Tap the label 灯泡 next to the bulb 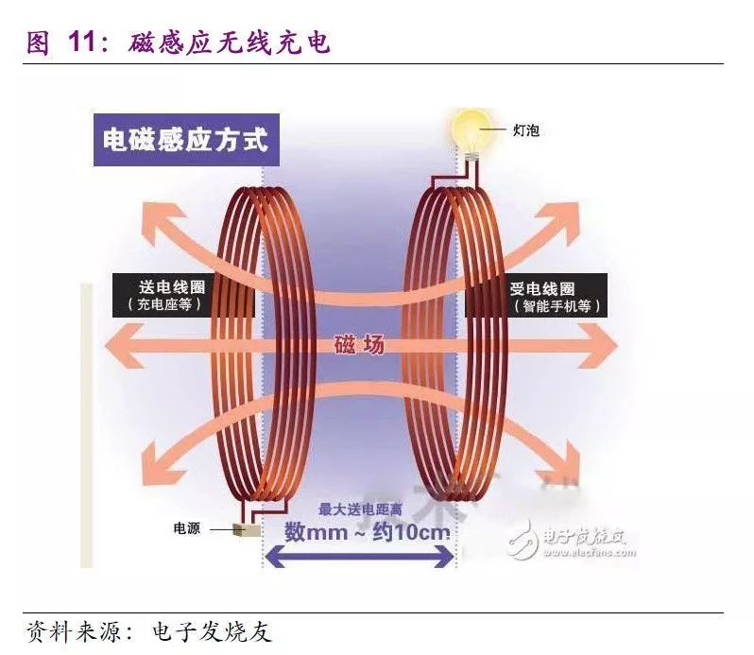point(526,130)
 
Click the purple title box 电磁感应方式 point(185,140)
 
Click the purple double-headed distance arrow point(359,558)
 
